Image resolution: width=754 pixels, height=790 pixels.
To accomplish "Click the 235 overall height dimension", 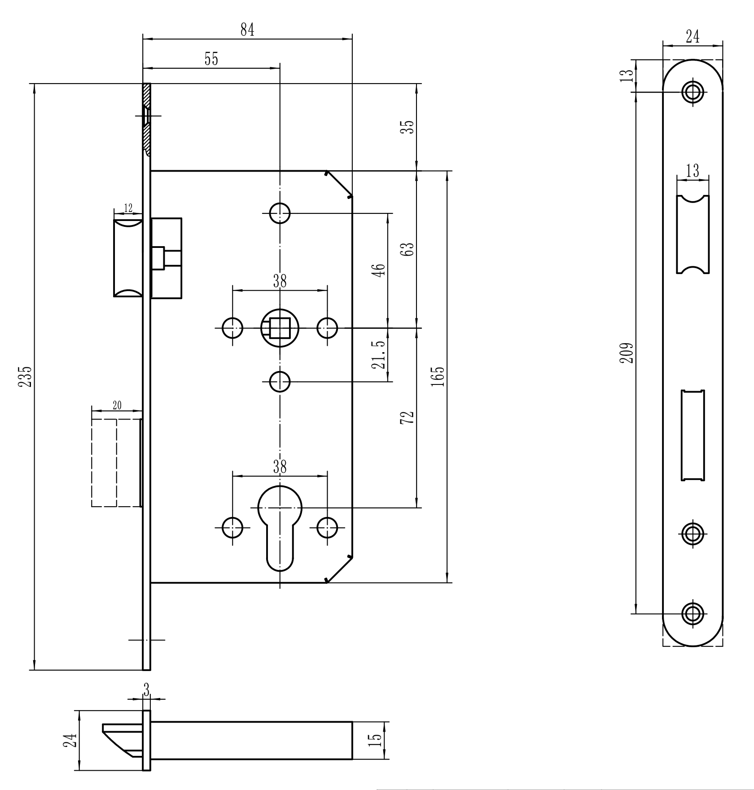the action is [27, 376].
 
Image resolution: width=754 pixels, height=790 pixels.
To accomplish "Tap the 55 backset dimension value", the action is [211, 59].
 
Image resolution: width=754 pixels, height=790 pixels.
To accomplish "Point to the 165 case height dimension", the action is [439, 376].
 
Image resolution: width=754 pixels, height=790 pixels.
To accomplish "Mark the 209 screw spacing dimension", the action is [627, 353].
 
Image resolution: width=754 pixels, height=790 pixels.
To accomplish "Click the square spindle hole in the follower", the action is [280, 328].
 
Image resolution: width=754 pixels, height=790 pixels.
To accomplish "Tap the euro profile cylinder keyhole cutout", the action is [280, 528].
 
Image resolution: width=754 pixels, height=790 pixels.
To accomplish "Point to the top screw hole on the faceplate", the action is [693, 92].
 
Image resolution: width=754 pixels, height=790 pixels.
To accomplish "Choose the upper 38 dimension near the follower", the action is [280, 281].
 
